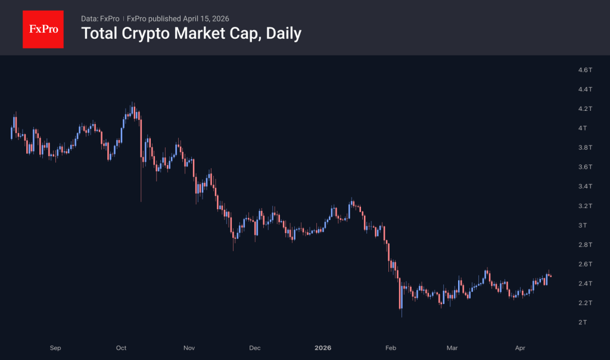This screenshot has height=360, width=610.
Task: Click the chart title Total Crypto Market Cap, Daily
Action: [x=191, y=33]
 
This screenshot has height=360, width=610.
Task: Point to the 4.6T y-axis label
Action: [x=585, y=70]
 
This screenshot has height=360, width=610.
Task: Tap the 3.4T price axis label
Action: [x=585, y=187]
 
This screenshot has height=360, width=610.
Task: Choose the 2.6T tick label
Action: [x=585, y=264]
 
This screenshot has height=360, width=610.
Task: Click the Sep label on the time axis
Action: [x=55, y=347]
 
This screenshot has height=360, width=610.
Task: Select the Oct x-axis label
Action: [x=122, y=347]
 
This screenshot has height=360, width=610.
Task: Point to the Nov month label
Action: [x=189, y=347]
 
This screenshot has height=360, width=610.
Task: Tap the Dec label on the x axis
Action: [x=255, y=347]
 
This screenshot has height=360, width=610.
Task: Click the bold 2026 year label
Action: [x=323, y=347]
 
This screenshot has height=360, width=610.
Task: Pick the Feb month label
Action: [x=391, y=347]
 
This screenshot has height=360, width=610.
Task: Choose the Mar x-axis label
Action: [x=452, y=347]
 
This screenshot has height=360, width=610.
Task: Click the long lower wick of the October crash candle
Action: [x=141, y=185]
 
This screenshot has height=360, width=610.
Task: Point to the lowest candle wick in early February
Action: [x=402, y=313]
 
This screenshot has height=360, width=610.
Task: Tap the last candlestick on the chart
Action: [x=550, y=276]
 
